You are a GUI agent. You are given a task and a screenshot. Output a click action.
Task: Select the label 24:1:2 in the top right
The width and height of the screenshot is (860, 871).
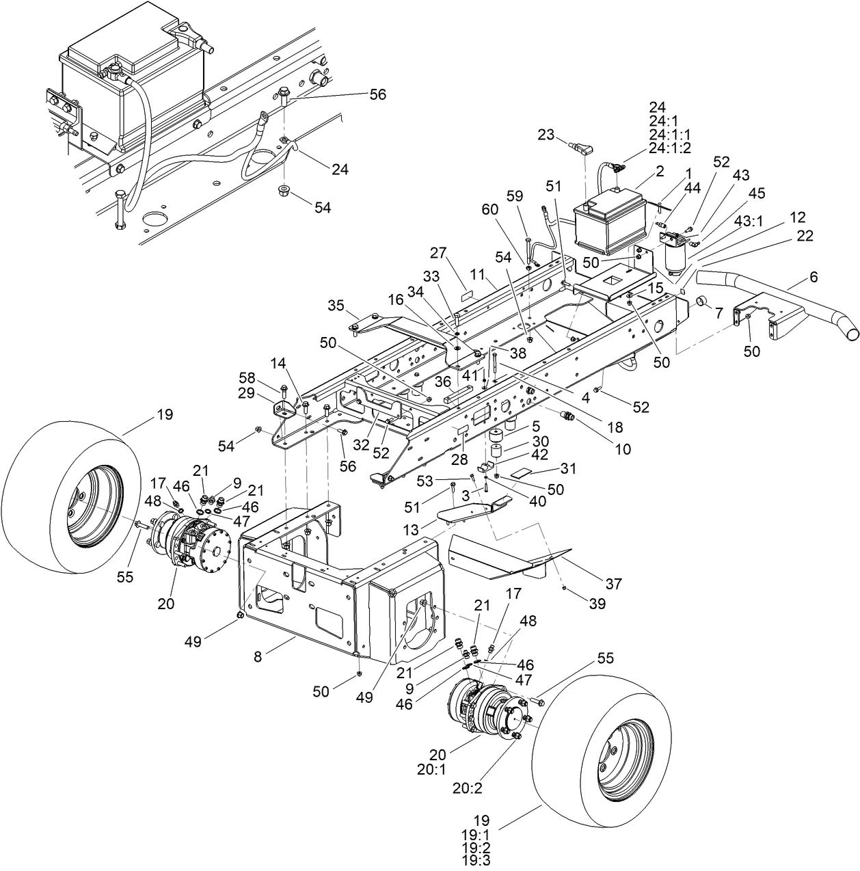tap(669, 147)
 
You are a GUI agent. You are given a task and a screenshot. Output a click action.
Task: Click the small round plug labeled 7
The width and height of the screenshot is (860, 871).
tap(701, 303)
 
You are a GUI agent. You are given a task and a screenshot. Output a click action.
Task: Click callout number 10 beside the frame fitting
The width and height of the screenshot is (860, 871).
tap(622, 449)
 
